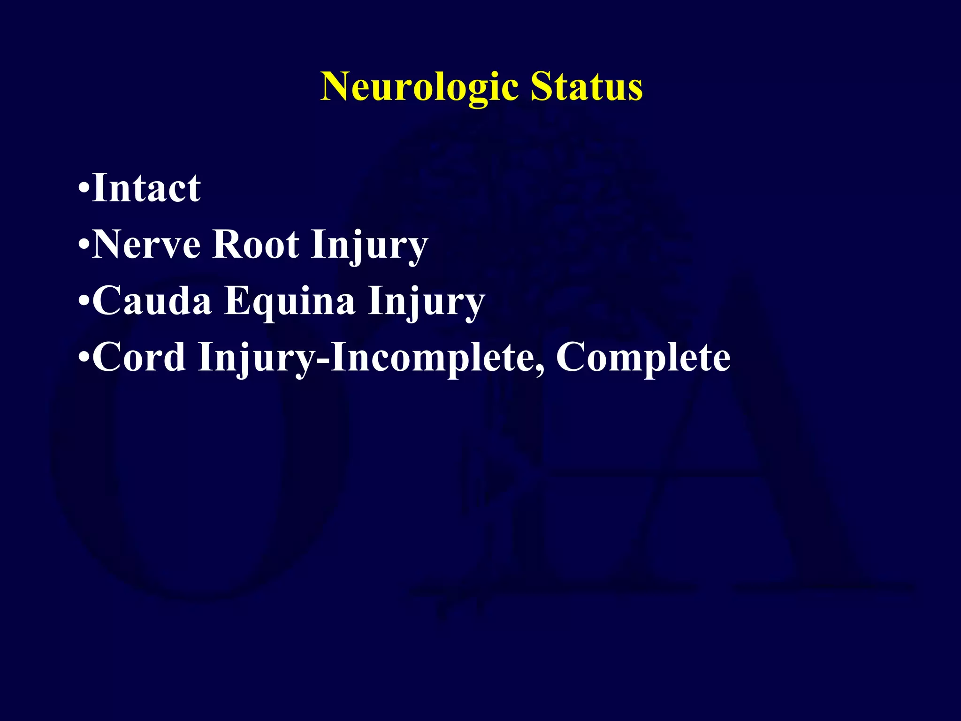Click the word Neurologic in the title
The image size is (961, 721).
(419, 87)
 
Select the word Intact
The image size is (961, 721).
(146, 188)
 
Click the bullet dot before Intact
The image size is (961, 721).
(84, 189)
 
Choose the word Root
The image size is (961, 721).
(255, 245)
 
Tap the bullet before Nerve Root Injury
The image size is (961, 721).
(84, 245)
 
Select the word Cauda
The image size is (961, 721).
(152, 301)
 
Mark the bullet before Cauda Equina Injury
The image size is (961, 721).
(84, 301)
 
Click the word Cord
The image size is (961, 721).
(139, 357)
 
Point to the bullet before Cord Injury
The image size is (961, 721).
(84, 358)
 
